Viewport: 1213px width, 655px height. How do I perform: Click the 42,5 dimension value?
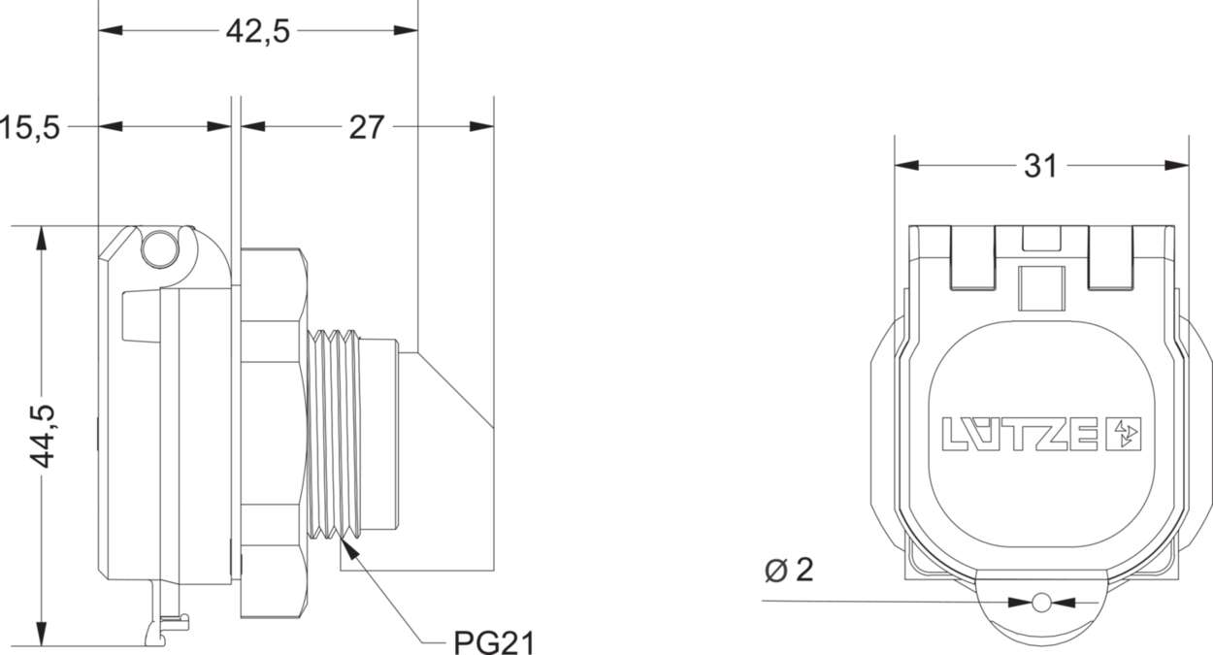258,31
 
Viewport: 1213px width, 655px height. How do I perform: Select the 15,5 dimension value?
30,127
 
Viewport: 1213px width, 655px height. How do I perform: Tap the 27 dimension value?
367,127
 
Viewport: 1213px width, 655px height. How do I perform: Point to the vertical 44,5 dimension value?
44,436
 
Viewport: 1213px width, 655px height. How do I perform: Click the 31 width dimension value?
1040,167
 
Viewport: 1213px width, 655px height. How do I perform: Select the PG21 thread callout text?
494,642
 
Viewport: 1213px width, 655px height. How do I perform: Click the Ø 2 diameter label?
788,571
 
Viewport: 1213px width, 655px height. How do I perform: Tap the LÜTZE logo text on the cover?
1020,435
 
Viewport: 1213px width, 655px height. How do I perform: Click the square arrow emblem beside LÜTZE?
1124,435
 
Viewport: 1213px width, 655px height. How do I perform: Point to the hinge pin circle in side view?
160,249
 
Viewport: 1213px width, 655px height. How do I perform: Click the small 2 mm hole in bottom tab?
1041,603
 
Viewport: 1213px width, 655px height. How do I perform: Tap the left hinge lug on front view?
973,258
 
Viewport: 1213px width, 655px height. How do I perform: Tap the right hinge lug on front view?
1110,258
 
